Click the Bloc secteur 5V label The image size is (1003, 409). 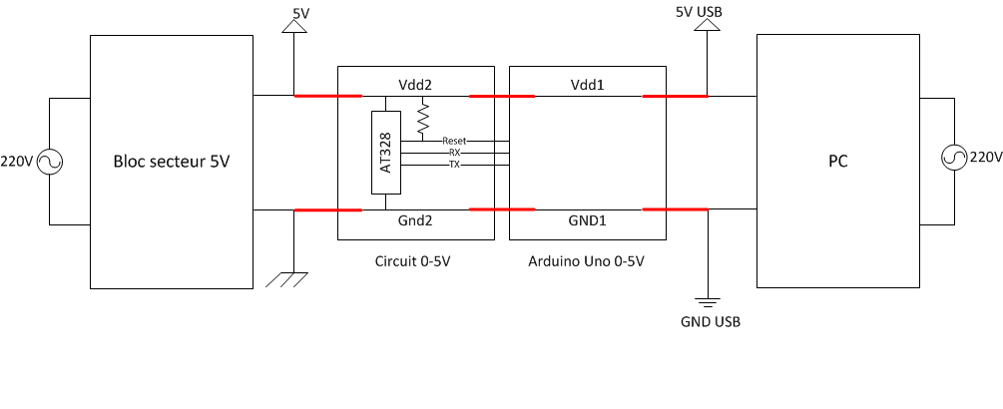[172, 162]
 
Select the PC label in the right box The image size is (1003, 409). [838, 161]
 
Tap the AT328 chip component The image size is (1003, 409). [386, 153]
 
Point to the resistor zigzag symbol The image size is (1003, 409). [422, 119]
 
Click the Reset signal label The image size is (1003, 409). [454, 141]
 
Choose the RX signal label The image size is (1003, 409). [455, 153]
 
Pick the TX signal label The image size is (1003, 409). [455, 165]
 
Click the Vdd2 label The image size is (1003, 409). [416, 85]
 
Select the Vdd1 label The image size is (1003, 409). [587, 85]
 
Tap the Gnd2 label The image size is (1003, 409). [416, 221]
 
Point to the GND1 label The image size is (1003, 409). [587, 221]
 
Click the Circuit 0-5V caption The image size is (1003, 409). [416, 261]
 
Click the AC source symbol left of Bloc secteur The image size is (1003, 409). [50, 162]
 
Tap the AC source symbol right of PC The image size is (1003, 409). [954, 157]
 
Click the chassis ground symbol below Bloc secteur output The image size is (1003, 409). [286, 280]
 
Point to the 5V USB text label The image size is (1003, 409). [700, 12]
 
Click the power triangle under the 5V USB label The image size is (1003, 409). [707, 24]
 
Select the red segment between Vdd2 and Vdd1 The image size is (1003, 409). [502, 97]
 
